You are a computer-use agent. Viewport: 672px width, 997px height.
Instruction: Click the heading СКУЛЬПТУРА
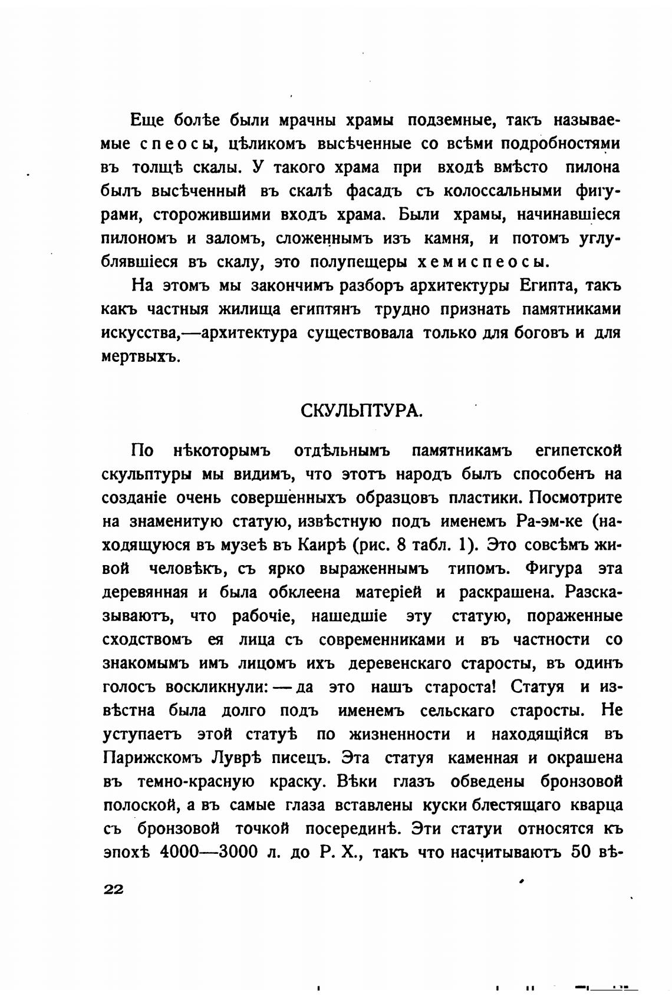(x=361, y=410)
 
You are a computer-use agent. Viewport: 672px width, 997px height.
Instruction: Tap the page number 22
(x=113, y=890)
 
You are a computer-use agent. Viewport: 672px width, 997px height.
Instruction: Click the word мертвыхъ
(x=140, y=357)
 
